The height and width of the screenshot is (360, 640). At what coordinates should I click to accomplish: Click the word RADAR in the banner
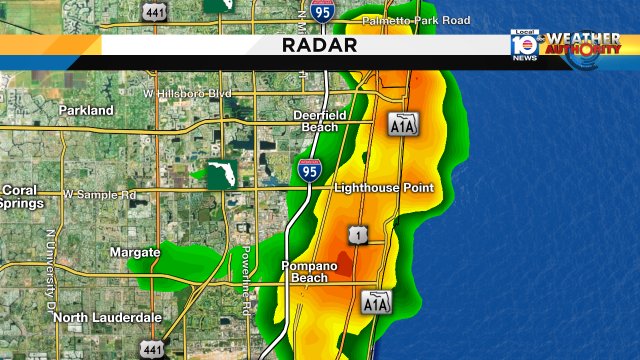pos(319,45)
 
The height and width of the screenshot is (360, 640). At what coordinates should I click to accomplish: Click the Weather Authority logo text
pos(582,45)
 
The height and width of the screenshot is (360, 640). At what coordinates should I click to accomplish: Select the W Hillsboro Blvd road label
pos(187,93)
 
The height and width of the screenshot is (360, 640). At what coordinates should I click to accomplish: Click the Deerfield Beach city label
pos(319,121)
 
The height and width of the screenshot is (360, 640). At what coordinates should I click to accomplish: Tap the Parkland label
pos(87,110)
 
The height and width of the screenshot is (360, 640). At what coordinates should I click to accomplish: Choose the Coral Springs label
pos(21,196)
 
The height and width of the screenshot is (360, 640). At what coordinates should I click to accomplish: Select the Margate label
pos(135,253)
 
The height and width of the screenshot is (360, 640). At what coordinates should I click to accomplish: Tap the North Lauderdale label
pos(107,317)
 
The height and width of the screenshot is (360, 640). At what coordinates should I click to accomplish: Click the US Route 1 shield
pos(357,235)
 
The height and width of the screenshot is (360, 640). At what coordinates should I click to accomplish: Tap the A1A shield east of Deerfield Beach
pos(402,123)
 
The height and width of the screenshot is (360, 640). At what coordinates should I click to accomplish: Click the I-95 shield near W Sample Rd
pos(309,171)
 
